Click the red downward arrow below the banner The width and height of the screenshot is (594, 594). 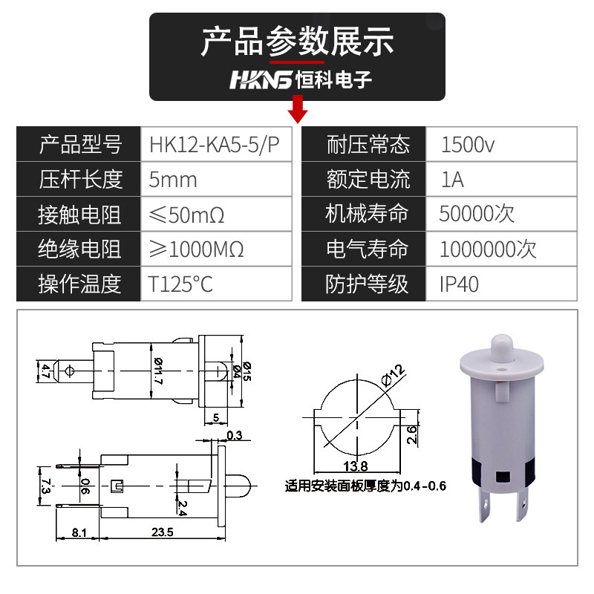coord(298,111)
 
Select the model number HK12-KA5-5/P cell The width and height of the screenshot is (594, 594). coord(215,144)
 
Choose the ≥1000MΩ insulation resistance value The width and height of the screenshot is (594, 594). coord(197,249)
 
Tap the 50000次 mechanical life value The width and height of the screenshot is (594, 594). coord(477,214)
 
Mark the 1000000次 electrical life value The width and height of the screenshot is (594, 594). coord(487,249)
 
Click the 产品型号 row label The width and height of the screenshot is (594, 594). coord(79,144)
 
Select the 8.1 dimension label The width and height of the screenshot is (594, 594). coord(79,532)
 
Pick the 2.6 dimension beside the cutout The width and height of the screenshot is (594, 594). coord(411,434)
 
